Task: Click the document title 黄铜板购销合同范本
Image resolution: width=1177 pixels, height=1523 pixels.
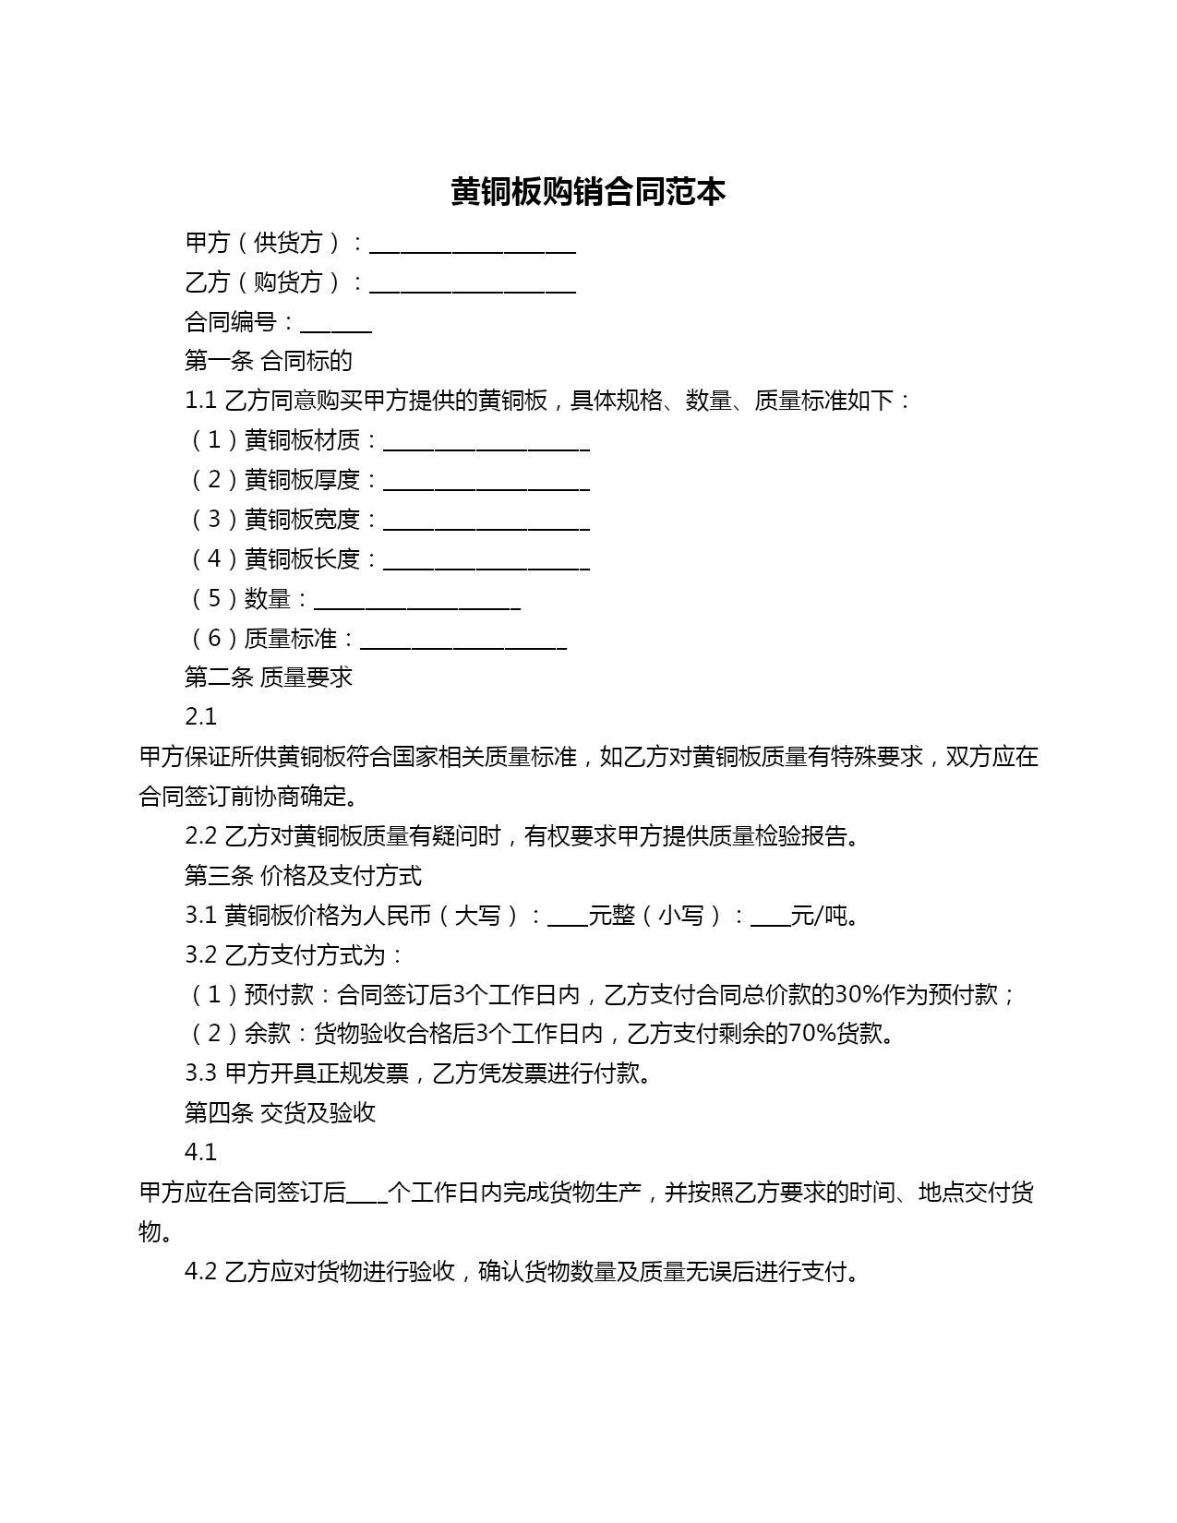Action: pyautogui.click(x=588, y=192)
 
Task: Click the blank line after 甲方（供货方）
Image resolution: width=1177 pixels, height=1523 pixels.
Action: pyautogui.click(x=473, y=246)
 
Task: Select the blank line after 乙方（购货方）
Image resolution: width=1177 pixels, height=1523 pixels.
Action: pyautogui.click(x=473, y=285)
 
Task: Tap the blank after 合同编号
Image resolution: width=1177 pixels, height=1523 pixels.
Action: pyautogui.click(x=336, y=325)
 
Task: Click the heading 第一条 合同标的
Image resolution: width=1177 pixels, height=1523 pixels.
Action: pyautogui.click(x=268, y=361)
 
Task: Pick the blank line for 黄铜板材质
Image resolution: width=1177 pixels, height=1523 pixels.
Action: pyautogui.click(x=486, y=444)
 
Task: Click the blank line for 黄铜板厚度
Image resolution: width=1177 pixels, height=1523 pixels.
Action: pyautogui.click(x=486, y=484)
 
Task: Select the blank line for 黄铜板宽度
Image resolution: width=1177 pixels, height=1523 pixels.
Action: pyautogui.click(x=486, y=523)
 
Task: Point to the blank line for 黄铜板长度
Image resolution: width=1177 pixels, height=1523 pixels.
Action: pyautogui.click(x=486, y=563)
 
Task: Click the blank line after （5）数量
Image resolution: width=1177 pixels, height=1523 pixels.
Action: pyautogui.click(x=417, y=603)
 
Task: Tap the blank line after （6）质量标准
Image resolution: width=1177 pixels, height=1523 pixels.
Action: pyautogui.click(x=463, y=642)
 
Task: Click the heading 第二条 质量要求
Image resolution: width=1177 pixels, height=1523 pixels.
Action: pyautogui.click(x=268, y=678)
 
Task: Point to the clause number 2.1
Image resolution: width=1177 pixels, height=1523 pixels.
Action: pyautogui.click(x=200, y=717)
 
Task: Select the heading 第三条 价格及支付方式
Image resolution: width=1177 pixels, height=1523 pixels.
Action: pyautogui.click(x=303, y=875)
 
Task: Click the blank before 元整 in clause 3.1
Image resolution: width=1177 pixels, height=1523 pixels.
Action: pyautogui.click(x=567, y=918)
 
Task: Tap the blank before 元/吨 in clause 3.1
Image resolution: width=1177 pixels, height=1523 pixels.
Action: pyautogui.click(x=771, y=918)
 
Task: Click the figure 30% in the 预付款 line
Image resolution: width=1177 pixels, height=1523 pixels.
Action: pyautogui.click(x=858, y=994)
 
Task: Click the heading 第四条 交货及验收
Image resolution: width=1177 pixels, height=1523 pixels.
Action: pyautogui.click(x=280, y=1112)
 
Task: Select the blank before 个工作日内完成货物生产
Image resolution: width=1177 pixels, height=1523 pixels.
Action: pyautogui.click(x=366, y=1195)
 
